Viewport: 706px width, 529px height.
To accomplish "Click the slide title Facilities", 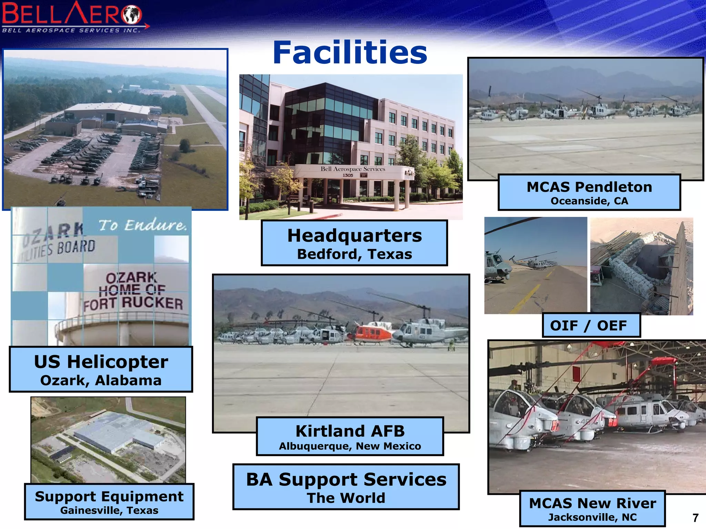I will [350, 52].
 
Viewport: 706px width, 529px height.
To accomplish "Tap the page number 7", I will [695, 518].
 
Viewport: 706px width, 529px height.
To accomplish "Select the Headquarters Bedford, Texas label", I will [354, 243].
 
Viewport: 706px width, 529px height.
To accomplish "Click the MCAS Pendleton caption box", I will [589, 193].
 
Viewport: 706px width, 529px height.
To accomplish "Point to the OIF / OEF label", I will [591, 325].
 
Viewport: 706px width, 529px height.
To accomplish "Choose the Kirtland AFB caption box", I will [350, 436].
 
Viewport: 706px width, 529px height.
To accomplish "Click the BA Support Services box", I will [346, 487].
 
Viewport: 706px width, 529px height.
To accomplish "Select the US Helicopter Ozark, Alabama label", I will [101, 370].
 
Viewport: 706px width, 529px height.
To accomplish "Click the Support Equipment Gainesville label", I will [109, 501].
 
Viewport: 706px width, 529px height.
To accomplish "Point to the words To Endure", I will [143, 225].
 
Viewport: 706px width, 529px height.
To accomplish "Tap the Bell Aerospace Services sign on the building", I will [353, 169].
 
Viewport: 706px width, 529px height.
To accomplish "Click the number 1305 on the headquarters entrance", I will [347, 175].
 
